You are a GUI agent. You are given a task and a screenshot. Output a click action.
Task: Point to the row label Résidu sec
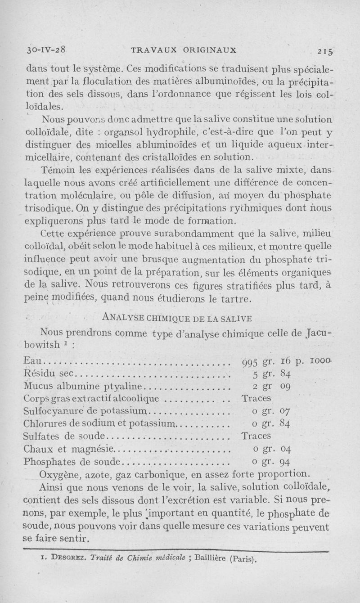coord(50,373)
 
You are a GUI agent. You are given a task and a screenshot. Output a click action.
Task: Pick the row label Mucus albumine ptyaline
coord(83,386)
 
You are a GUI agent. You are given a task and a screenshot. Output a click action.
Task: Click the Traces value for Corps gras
coord(256,398)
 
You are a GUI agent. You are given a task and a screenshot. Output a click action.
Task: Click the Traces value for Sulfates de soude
coord(256,436)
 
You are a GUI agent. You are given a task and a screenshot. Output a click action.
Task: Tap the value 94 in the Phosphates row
coord(284,462)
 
